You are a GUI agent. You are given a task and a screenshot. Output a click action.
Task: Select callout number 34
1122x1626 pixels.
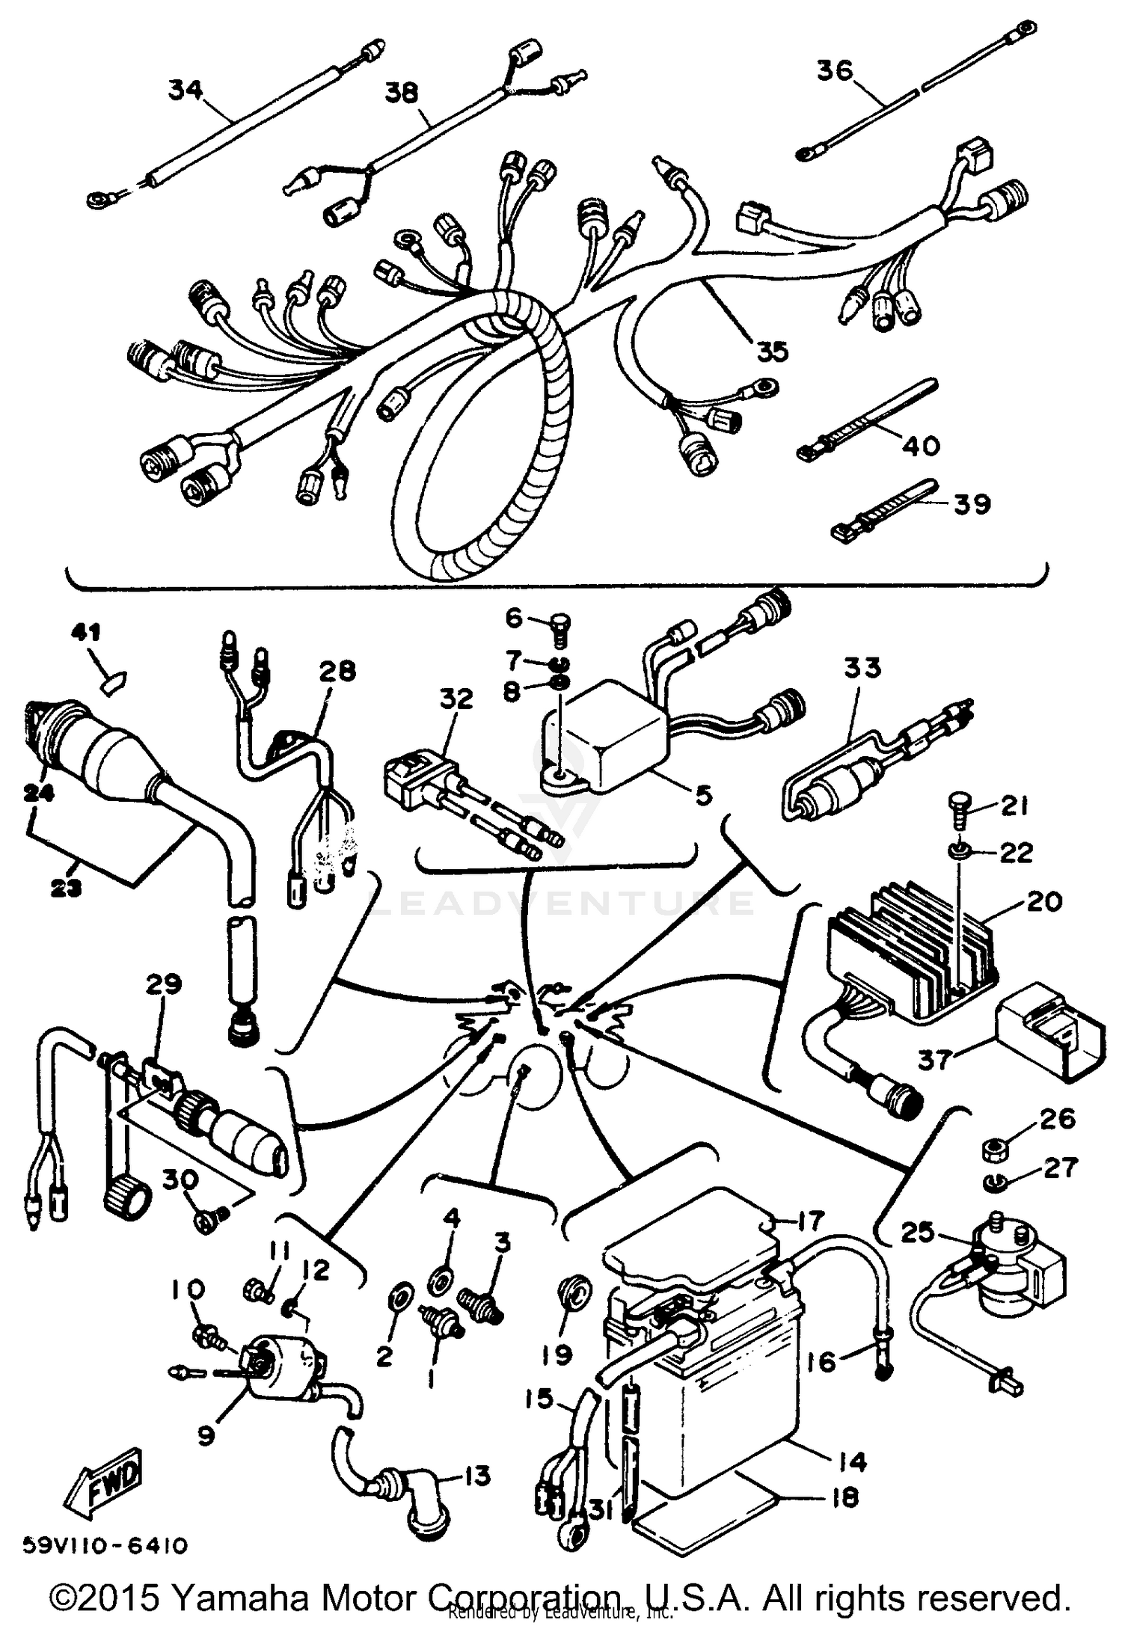pos(186,91)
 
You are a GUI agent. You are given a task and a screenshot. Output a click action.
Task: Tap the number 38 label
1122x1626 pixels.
pos(402,93)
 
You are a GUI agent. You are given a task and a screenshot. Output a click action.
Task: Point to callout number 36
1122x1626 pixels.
pos(834,71)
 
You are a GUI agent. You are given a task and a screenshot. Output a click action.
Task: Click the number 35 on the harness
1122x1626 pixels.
pos(772,351)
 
